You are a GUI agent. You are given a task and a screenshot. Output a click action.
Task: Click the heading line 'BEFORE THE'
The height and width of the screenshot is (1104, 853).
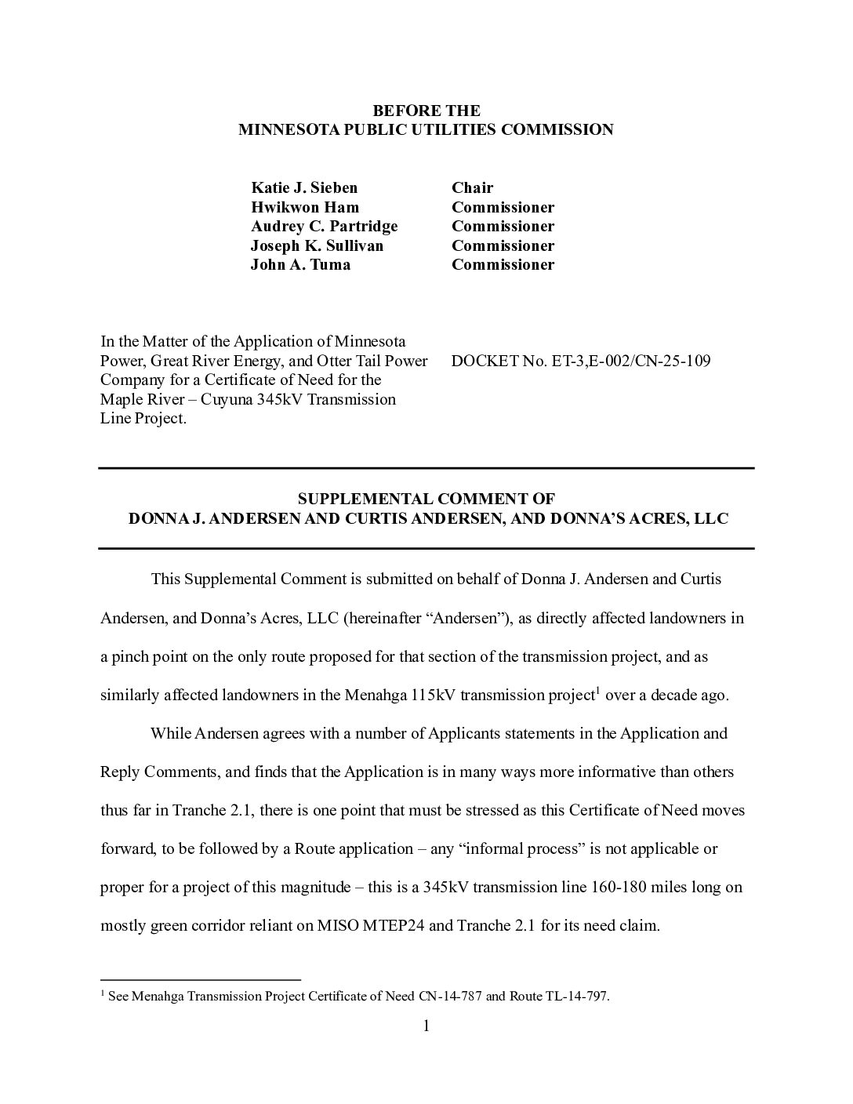coord(426,111)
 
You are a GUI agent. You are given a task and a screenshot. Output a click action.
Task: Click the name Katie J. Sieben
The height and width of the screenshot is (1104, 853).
coord(304,187)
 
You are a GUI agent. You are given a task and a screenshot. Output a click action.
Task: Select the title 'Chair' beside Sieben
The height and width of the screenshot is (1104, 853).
coord(472,187)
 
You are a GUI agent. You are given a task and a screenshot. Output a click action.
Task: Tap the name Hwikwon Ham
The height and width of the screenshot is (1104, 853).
coord(304,207)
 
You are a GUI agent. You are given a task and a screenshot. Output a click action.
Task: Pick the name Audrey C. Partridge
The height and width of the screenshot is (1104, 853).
coord(324,226)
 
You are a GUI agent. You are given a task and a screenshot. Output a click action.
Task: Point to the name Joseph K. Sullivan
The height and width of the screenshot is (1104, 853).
coord(317,245)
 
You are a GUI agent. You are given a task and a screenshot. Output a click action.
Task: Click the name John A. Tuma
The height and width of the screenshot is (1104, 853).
coord(300,264)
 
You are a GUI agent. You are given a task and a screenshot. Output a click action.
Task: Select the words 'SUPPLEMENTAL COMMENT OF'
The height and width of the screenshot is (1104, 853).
coord(426,499)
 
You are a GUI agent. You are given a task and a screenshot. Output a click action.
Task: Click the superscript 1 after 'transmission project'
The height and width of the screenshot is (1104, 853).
coord(597,690)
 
